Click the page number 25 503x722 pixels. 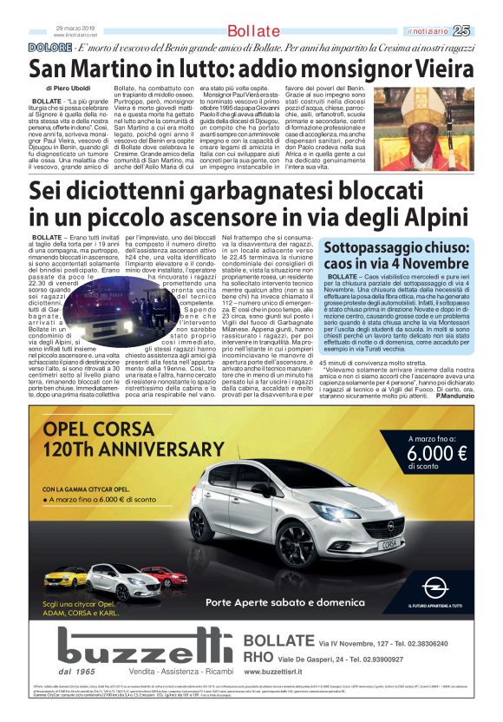pos(485,32)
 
